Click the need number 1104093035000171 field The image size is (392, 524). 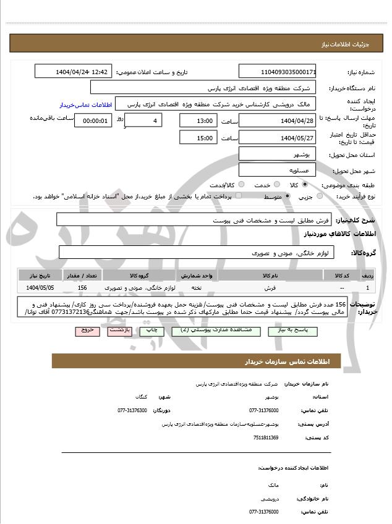tap(277, 72)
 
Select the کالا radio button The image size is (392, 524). tap(305, 185)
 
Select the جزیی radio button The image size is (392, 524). tap(320, 196)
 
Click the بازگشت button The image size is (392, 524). tap(119, 331)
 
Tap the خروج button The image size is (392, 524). tap(87, 331)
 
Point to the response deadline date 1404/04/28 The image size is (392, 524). tap(277, 120)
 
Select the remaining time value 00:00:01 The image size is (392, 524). tap(93, 120)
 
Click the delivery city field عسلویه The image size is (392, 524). tap(277, 169)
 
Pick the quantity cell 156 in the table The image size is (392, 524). tap(82, 288)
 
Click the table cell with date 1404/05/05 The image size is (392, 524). tap(40, 288)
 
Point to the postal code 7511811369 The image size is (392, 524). tap(266, 437)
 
